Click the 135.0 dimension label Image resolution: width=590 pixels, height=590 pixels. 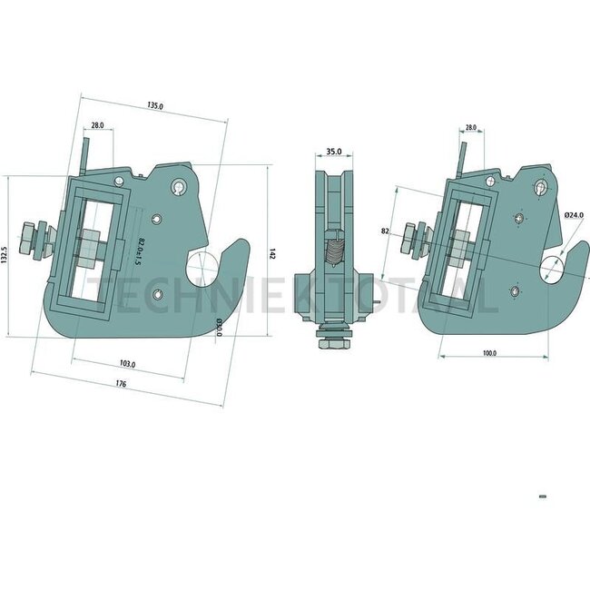click(x=155, y=106)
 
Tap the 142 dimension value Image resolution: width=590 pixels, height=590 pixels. click(x=271, y=255)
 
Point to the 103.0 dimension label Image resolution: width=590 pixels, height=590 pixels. click(x=127, y=364)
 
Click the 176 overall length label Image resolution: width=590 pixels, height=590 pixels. click(x=121, y=385)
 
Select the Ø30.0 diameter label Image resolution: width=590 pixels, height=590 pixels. click(x=218, y=326)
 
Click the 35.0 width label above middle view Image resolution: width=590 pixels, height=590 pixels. click(x=333, y=152)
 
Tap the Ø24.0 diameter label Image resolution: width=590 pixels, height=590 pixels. click(x=573, y=215)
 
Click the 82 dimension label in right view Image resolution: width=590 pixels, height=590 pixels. click(x=385, y=232)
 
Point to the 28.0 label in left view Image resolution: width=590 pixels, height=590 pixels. click(x=96, y=126)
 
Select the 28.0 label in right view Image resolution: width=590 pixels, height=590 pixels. click(x=470, y=128)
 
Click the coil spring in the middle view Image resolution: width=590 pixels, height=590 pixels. click(x=334, y=249)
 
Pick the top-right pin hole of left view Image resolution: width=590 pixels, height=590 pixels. click(x=181, y=188)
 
